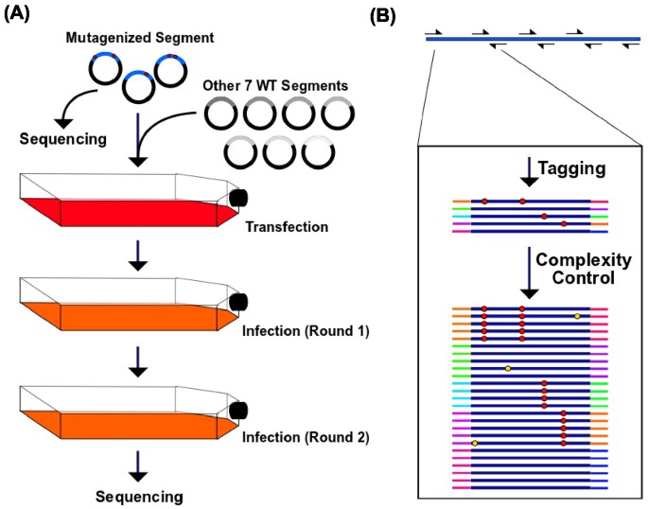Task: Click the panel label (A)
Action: pos(20,14)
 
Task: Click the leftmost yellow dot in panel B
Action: pos(475,443)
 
